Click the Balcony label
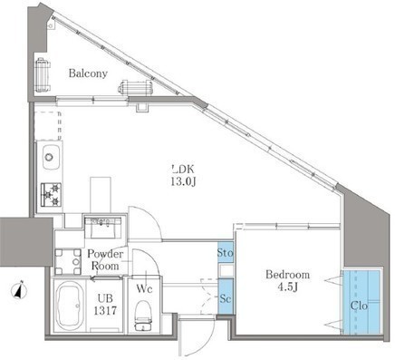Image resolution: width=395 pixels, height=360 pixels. click(88, 73)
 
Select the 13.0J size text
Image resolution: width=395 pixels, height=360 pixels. click(183, 181)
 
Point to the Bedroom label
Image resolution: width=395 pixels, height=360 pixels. click(287, 275)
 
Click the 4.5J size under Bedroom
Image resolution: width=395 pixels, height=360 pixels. click(288, 287)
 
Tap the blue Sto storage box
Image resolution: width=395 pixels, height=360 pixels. click(226, 252)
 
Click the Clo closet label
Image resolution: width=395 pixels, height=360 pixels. click(359, 306)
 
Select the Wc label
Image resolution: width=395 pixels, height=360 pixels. click(144, 289)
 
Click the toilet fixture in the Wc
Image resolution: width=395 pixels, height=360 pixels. click(143, 316)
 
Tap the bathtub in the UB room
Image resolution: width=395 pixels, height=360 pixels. click(70, 306)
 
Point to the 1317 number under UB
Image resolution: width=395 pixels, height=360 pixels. click(105, 311)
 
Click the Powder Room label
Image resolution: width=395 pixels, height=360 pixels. click(105, 260)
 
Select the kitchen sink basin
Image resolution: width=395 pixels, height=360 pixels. click(51, 157)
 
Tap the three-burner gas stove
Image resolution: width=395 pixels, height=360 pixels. click(51, 195)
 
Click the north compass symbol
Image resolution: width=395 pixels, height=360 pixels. click(20, 290)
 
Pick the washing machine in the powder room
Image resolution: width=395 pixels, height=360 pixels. click(68, 261)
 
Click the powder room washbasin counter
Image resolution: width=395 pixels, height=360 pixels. click(103, 228)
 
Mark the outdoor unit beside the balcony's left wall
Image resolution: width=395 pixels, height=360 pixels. click(43, 74)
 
